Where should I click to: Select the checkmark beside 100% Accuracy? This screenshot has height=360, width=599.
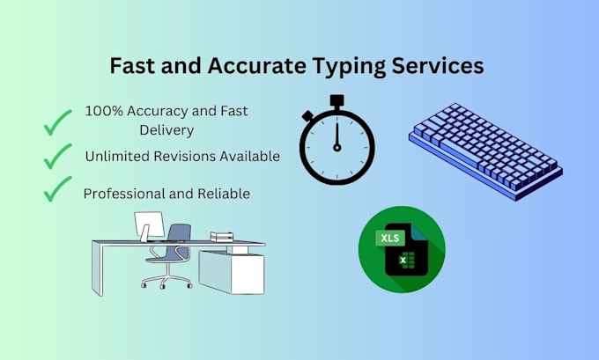coord(58,123)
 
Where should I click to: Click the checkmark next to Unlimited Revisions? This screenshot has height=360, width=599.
coord(58,157)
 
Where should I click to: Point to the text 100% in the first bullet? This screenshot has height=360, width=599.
coord(102,112)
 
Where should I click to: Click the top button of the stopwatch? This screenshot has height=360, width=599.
coord(336,101)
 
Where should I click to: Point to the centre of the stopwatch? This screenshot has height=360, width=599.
coord(336,146)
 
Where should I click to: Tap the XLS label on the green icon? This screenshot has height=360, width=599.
coord(388,238)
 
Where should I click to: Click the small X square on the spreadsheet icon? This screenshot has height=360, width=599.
coord(404,261)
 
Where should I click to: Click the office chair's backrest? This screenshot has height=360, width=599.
coord(179,233)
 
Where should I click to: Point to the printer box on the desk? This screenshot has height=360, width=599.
coord(220,236)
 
